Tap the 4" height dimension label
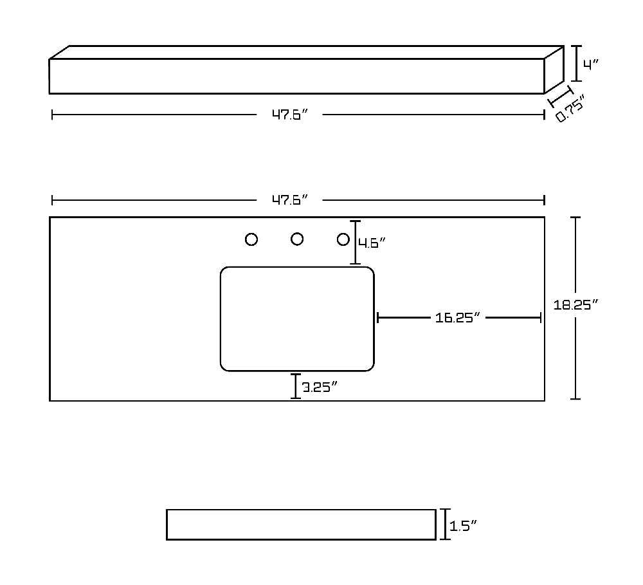592,64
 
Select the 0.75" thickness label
570,108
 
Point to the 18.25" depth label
575,304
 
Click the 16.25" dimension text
457,318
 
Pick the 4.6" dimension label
372,243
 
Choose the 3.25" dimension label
320,387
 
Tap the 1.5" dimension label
464,526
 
